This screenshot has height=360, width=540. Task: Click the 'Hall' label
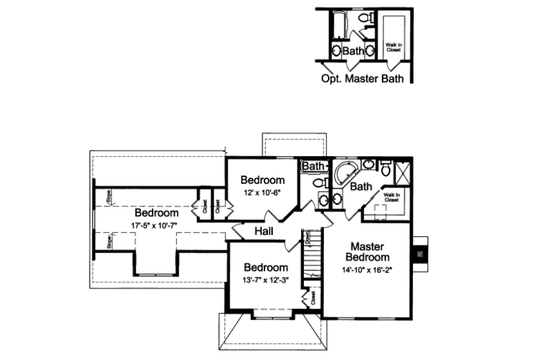[263, 232]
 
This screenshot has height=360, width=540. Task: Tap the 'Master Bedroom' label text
[367, 251]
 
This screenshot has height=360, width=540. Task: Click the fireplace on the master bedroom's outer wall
[419, 254]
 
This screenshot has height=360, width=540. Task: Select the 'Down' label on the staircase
[307, 238]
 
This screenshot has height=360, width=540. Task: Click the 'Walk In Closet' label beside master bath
[392, 198]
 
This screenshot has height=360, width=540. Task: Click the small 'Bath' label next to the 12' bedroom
[313, 165]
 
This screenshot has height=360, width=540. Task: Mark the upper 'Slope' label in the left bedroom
[108, 198]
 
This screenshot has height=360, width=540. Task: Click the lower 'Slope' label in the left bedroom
[108, 241]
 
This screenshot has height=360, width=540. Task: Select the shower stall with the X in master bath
[403, 172]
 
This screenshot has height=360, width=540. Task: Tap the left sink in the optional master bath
[336, 50]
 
